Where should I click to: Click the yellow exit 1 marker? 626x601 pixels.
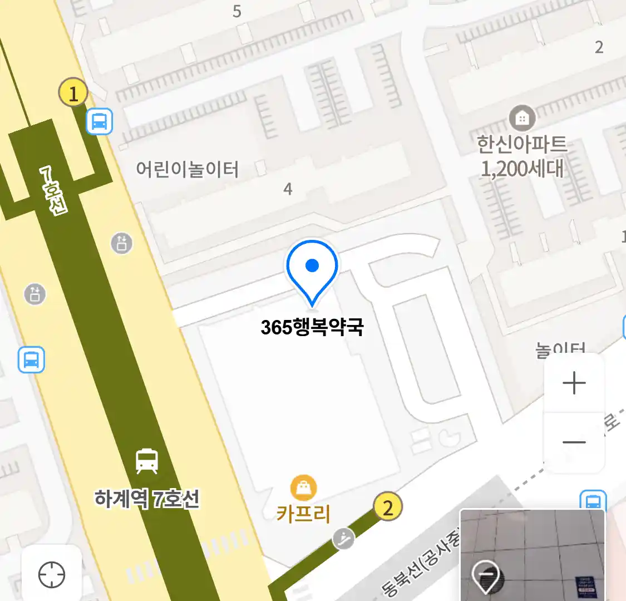(73, 92)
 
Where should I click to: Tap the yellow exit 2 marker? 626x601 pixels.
(387, 507)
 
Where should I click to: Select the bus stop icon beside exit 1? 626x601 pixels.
(100, 121)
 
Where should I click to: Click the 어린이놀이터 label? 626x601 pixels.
(188, 169)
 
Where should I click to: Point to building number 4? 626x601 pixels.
(288, 189)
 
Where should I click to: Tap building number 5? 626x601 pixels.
(237, 11)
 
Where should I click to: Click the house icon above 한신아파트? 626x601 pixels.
(522, 118)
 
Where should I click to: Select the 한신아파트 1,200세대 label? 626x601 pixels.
(522, 156)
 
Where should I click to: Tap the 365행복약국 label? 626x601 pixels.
(312, 327)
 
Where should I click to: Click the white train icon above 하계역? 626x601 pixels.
(147, 461)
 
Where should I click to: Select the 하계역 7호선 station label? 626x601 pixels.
(147, 499)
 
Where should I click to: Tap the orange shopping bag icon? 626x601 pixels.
(303, 488)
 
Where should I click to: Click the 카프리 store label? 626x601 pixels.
(303, 513)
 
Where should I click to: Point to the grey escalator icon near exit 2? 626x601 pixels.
(344, 538)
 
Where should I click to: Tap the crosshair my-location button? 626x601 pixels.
(52, 575)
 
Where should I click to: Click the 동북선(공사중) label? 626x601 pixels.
(422, 565)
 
